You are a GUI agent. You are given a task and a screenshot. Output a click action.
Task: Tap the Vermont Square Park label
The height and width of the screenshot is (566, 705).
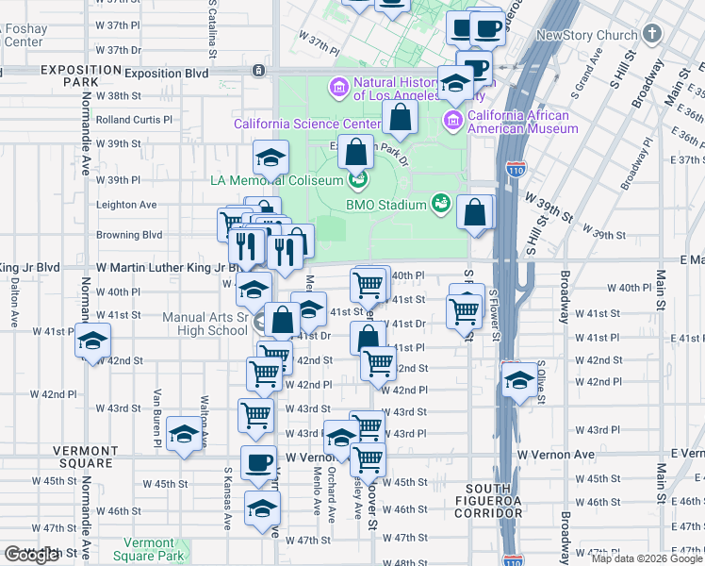click(149, 548)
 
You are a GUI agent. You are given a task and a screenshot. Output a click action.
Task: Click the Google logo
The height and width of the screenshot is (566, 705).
click(31, 555)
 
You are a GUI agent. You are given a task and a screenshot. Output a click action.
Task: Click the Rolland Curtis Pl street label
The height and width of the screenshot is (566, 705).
click(134, 120)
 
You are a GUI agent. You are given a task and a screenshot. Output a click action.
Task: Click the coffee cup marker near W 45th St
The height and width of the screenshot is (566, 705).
click(258, 462)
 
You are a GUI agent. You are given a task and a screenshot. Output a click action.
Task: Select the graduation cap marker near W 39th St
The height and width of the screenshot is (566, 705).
click(271, 156)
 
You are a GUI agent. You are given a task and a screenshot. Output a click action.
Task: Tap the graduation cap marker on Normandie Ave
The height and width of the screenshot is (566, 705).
click(93, 340)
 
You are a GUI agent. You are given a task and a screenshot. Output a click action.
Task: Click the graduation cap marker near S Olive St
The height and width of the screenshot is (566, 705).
click(518, 379)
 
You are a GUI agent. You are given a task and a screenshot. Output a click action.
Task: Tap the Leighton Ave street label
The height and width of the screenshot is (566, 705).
click(126, 205)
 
